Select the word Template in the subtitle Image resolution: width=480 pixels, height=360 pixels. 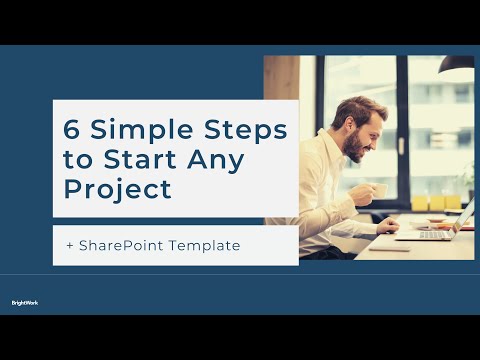coord(204,245)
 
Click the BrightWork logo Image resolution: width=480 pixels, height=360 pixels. coord(25,302)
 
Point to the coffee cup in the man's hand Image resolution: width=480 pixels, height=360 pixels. coord(379,190)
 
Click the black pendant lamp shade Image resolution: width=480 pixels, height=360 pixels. coord(456,70)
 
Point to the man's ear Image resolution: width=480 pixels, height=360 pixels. coord(341,129)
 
